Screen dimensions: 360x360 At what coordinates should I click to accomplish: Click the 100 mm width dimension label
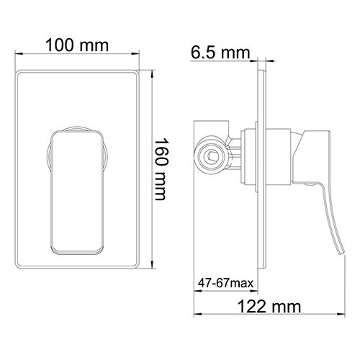click(77, 45)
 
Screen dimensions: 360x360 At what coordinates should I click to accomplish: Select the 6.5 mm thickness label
click(220, 52)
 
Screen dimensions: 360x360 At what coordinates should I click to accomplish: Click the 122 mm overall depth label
click(269, 307)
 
